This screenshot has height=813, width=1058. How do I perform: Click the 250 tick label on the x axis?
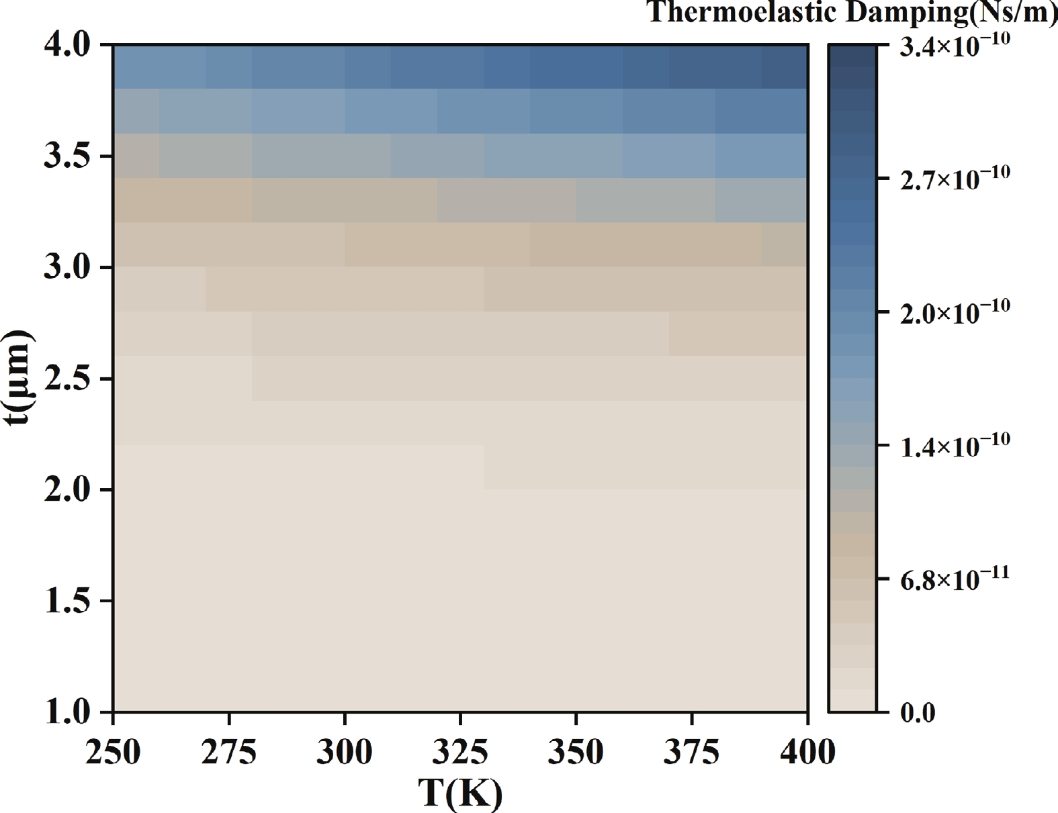(114, 752)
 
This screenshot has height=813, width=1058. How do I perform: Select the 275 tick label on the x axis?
(229, 752)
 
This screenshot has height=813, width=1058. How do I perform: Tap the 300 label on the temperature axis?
(345, 752)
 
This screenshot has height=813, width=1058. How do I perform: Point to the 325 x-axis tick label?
(460, 752)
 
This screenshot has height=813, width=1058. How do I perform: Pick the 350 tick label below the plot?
(576, 752)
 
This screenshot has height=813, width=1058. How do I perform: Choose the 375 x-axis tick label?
(691, 752)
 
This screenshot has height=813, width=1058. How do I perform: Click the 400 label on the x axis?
(807, 752)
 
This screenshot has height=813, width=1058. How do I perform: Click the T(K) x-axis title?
(460, 794)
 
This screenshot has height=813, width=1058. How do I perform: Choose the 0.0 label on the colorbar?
(918, 713)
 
